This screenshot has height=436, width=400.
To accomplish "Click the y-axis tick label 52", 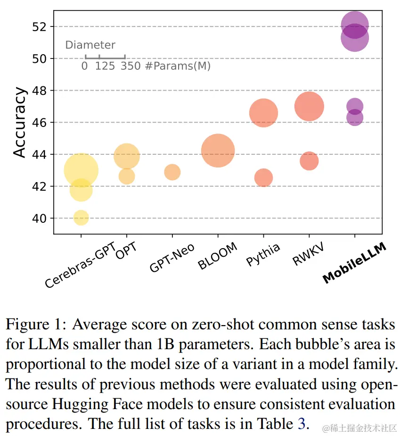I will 39,26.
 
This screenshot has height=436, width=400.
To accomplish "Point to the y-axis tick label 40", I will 39,218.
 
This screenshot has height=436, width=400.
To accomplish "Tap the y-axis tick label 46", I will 39,122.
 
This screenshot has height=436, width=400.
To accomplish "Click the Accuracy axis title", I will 19,122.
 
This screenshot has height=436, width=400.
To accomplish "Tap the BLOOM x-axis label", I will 218,257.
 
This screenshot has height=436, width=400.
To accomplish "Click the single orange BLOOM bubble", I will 218,151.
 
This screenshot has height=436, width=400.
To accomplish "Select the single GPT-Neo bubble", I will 172,172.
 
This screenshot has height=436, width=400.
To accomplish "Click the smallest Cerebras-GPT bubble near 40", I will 81,218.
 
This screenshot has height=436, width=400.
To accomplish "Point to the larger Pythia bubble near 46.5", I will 263,113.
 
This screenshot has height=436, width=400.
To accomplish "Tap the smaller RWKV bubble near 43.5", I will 309,161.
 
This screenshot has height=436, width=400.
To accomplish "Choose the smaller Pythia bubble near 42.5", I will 263,178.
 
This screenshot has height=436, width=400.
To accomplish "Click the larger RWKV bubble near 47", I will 309,106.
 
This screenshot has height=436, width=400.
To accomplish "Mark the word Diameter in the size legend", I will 90,45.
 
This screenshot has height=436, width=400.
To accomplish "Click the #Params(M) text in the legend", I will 178,66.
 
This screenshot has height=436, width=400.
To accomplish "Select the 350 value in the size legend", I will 131,66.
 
